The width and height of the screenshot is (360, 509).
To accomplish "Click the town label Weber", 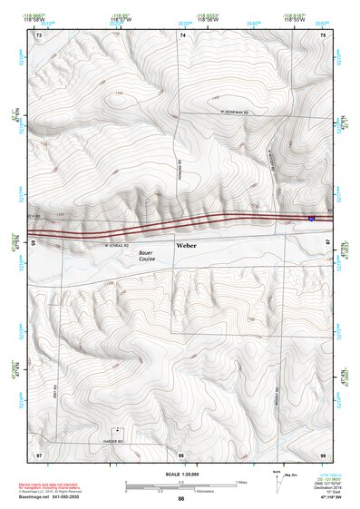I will (186, 246).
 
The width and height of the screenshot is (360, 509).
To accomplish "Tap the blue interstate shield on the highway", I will (312, 219).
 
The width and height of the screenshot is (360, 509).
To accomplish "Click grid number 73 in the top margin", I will (39, 34).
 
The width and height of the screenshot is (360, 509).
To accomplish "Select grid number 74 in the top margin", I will (182, 34).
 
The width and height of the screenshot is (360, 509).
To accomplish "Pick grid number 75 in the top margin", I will (326, 34).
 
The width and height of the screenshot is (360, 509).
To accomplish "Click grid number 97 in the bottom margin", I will (39, 454).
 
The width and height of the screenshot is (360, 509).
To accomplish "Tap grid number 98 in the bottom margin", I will (181, 454).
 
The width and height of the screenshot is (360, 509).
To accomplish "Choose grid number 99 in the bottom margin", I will (325, 454).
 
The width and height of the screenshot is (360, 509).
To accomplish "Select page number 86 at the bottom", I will (181, 500).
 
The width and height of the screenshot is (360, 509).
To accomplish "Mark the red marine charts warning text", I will (59, 484).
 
